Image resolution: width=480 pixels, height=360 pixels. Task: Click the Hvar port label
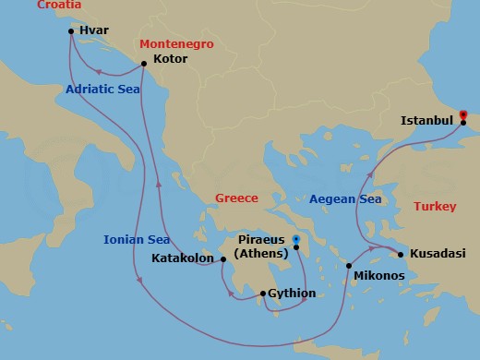pyautogui.click(x=95, y=30)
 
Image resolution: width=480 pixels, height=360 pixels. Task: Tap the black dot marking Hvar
pyautogui.click(x=71, y=31)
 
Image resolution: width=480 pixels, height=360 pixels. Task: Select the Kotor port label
pyautogui.click(x=171, y=59)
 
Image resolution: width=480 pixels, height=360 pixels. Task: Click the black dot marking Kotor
pyautogui.click(x=143, y=64)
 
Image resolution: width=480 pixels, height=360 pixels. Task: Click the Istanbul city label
pyautogui.click(x=426, y=120)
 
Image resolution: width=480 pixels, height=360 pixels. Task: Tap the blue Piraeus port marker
pyautogui.click(x=295, y=241)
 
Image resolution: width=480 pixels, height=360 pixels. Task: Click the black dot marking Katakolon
pyautogui.click(x=223, y=259)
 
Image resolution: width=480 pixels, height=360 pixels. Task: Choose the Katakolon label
pyautogui.click(x=184, y=259)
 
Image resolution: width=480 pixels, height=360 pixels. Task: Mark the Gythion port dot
pyautogui.click(x=264, y=294)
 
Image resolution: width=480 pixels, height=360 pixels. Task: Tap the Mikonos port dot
pyautogui.click(x=348, y=266)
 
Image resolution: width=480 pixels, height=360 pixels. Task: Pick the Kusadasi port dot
pyautogui.click(x=400, y=254)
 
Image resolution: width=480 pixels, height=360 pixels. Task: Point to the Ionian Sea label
pyautogui.click(x=137, y=241)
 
